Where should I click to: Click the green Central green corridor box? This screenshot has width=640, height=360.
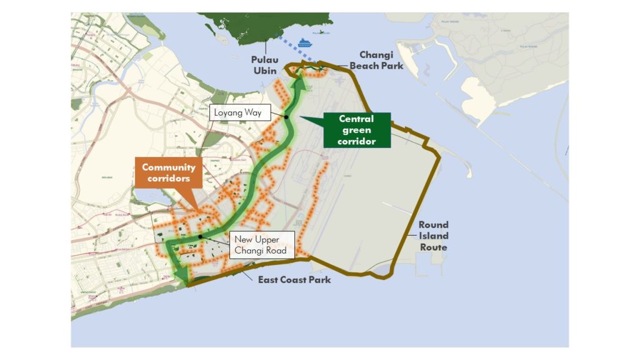[356, 129]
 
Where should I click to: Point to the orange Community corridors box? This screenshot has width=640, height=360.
[168, 172]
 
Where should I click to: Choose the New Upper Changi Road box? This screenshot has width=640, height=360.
[261, 244]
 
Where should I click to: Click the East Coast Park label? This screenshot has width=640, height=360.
[294, 279]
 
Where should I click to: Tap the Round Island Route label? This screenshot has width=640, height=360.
[433, 236]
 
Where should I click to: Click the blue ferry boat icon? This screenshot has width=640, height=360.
[304, 43]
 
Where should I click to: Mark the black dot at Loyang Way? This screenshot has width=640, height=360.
[286, 116]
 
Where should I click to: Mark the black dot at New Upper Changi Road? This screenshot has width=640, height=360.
[199, 236]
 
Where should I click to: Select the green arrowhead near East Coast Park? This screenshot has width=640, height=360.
[182, 276]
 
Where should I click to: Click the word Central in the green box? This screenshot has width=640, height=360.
[356, 119]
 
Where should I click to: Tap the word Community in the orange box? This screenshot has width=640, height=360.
[168, 167]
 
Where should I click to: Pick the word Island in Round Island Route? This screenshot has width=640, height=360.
[433, 236]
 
